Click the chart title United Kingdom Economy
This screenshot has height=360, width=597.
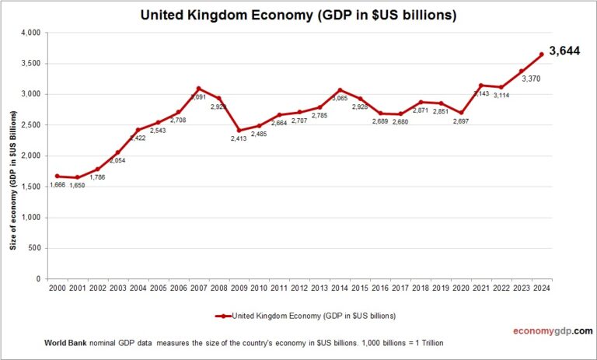pyautogui.click(x=298, y=15)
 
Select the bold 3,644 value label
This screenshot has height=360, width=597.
pyautogui.click(x=565, y=51)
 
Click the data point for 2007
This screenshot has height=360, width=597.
pyautogui.click(x=198, y=89)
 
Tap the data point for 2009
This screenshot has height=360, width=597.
pyautogui.click(x=239, y=131)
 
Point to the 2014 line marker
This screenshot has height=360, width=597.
pyautogui.click(x=340, y=90)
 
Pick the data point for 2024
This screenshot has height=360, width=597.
pyautogui.click(x=542, y=54)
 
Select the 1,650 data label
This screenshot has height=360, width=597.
pyautogui.click(x=78, y=186)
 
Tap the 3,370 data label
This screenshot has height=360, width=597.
pyautogui.click(x=532, y=79)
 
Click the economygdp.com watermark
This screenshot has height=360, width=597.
pyautogui.click(x=553, y=330)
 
